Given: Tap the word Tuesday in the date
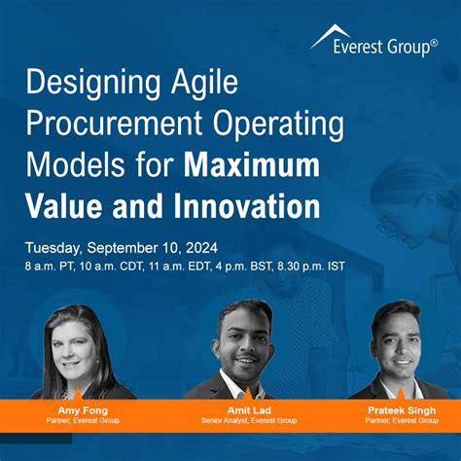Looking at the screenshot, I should tap(55, 244).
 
